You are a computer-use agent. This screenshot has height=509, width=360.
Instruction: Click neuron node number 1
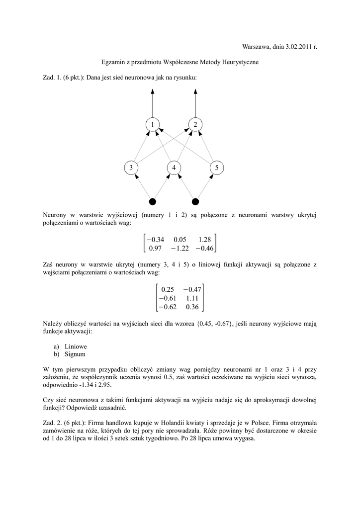point(153,124)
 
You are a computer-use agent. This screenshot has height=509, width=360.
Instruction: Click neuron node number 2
point(195,124)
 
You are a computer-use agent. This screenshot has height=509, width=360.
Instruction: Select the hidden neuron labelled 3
point(131,168)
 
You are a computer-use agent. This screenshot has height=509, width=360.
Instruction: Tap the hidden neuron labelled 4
point(174,168)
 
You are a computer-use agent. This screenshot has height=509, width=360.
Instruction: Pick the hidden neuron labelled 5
point(217,168)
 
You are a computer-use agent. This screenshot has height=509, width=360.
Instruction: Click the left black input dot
point(153,201)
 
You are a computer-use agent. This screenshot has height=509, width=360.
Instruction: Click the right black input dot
point(195,201)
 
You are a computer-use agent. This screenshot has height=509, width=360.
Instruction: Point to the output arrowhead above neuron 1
point(153,91)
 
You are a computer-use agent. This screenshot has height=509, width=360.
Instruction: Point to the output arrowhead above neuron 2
point(195,91)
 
